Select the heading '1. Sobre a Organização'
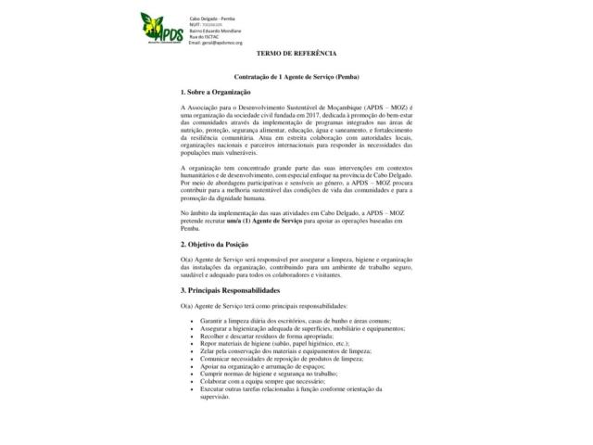[216, 94]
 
